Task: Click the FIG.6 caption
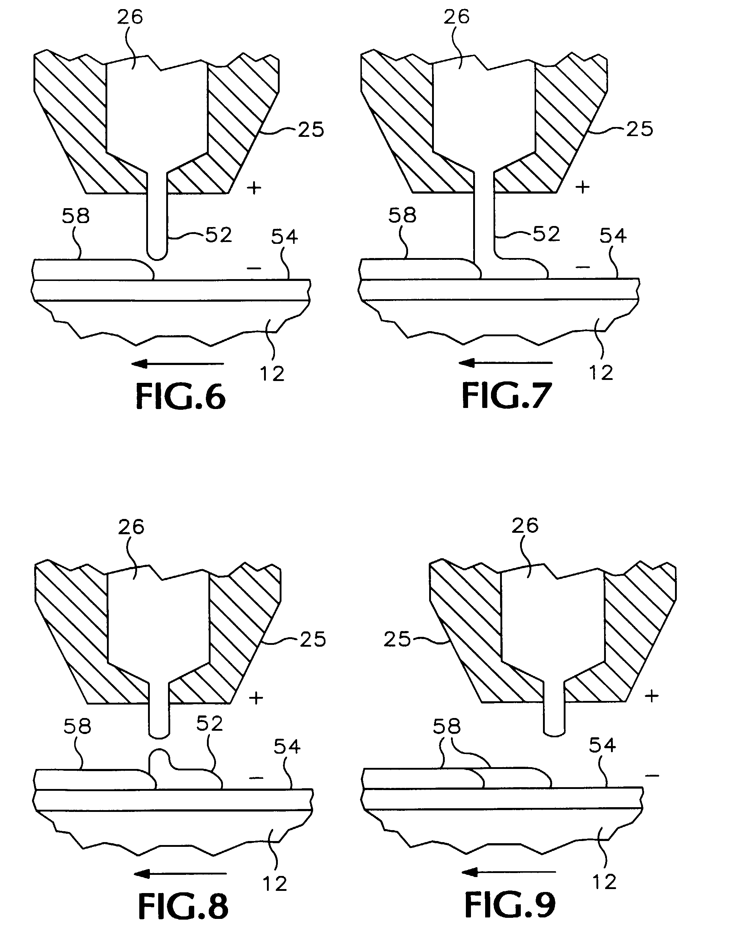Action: pos(180,396)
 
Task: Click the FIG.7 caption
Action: pos(507,395)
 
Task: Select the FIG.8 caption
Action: pos(183,906)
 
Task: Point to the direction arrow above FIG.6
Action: pos(178,364)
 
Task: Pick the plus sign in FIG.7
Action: pos(583,187)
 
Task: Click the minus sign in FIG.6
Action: pos(254,267)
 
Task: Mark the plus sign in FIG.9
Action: pos(652,696)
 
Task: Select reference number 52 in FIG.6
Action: pos(219,235)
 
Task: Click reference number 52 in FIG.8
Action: pos(210,723)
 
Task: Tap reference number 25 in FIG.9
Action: pos(397,639)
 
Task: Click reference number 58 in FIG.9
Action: pos(447,726)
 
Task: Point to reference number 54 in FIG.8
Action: pos(287,746)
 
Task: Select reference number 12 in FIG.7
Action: pos(601,373)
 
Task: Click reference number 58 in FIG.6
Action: pos(76,216)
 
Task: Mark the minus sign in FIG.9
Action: pos(652,775)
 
